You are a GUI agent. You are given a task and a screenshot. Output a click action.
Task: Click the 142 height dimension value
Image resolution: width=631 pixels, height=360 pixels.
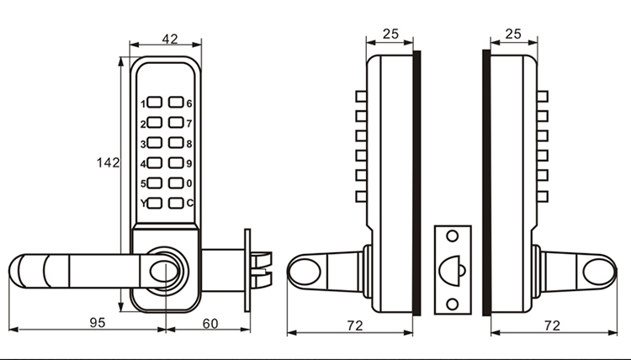(x=108, y=163)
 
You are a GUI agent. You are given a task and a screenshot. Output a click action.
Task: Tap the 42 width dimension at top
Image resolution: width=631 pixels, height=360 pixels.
(x=170, y=39)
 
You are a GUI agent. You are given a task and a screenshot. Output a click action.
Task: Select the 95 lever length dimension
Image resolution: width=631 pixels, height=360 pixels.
(x=98, y=323)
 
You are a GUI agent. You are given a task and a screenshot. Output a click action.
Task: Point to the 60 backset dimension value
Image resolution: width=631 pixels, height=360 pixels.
(x=210, y=323)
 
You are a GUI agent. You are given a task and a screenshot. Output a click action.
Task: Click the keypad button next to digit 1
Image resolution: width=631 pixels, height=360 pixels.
(x=155, y=102)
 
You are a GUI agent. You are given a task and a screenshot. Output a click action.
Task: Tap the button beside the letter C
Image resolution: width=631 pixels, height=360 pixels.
(x=176, y=203)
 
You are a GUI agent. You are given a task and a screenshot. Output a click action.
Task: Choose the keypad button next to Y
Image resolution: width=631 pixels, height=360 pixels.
(x=155, y=203)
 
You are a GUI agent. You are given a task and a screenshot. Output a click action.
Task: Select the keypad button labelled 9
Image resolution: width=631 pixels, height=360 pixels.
(x=176, y=162)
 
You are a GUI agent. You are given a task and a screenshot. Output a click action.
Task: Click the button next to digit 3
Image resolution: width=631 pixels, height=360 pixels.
(x=155, y=142)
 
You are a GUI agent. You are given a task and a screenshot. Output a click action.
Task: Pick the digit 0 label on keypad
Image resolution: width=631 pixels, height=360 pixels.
(x=189, y=183)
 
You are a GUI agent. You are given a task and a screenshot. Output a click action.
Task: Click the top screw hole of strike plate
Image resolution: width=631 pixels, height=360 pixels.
(x=453, y=236)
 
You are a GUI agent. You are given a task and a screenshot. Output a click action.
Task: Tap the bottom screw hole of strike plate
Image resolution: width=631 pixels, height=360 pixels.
(x=453, y=304)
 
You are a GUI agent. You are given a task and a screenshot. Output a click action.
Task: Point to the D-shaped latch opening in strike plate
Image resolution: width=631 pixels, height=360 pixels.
(x=450, y=270)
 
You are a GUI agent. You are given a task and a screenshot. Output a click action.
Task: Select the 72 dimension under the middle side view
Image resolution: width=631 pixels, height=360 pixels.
(x=355, y=326)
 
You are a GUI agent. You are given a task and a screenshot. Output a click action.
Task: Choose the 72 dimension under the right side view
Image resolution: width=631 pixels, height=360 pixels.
(x=552, y=326)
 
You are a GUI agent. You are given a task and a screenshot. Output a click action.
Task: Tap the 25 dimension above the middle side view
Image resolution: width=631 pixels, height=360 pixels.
(x=390, y=34)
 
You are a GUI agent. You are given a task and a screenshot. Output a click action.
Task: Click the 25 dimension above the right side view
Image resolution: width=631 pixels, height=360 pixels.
(x=513, y=34)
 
